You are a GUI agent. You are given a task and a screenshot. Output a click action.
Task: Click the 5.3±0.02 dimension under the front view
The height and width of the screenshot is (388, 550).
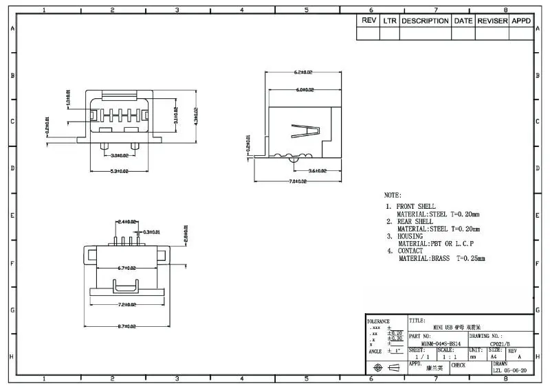(110, 171)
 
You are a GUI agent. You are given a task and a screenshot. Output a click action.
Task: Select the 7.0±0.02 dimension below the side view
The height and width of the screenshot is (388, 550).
(297, 181)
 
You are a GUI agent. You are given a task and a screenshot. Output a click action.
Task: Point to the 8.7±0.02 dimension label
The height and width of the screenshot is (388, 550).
(126, 326)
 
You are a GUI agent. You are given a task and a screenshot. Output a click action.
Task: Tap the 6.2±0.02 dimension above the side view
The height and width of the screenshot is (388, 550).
(302, 72)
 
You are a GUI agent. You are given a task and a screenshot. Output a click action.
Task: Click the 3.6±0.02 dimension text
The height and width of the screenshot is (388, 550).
(316, 171)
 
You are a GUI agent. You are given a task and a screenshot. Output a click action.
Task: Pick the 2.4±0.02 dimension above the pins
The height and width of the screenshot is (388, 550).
(127, 222)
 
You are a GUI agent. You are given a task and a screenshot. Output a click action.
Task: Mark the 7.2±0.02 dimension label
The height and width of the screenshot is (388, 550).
(126, 304)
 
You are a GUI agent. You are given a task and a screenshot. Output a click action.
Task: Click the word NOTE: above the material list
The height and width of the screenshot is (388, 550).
(393, 195)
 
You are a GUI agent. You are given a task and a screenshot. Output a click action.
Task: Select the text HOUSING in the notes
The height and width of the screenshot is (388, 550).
(411, 236)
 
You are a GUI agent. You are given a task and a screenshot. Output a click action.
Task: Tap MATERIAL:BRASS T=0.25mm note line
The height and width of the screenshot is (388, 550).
(441, 259)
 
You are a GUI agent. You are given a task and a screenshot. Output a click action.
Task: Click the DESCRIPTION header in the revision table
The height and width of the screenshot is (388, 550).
(425, 21)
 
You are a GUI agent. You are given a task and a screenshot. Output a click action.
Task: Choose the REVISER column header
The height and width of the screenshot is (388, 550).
(492, 21)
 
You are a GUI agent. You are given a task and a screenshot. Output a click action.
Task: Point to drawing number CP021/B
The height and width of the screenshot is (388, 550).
(500, 343)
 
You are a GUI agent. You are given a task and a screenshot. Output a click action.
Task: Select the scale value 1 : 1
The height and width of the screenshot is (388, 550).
(450, 357)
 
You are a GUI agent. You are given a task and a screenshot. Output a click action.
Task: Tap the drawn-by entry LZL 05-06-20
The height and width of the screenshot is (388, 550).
(510, 370)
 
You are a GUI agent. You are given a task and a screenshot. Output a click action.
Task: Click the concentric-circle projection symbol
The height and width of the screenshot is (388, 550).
(377, 368)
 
